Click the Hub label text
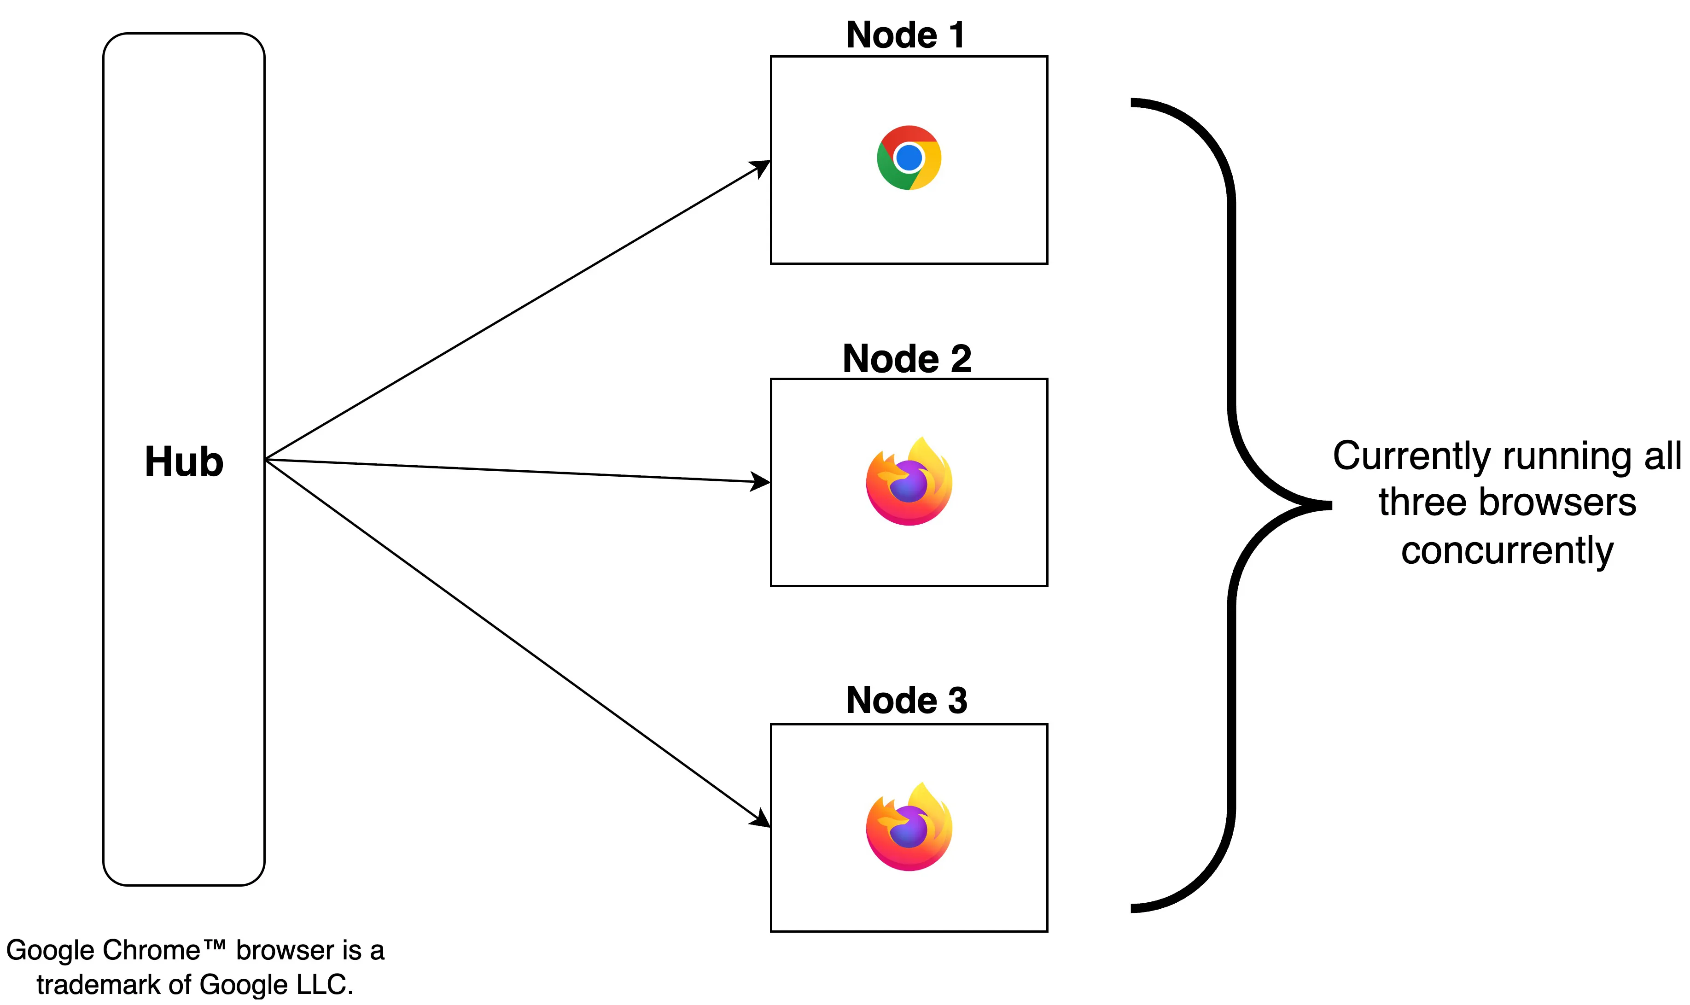184,462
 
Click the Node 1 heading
905,35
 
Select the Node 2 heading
907,358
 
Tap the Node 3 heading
907,700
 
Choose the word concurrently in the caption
1507,550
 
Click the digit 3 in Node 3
957,700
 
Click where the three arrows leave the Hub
266,459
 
